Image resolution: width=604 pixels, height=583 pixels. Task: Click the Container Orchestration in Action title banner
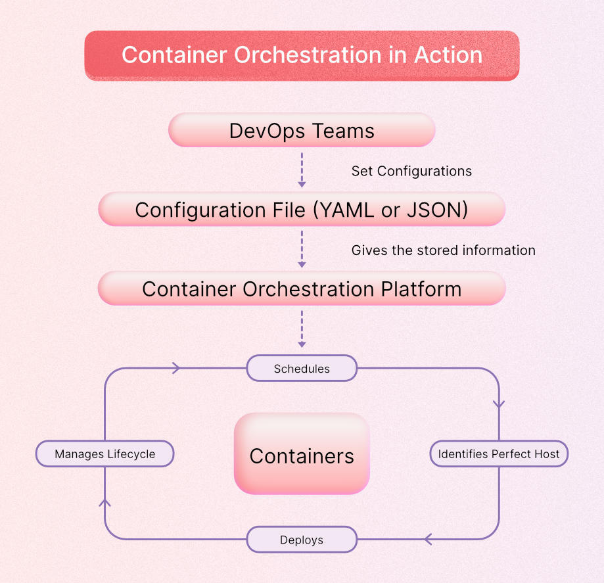(x=302, y=55)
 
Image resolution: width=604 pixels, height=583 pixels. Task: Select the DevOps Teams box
(x=302, y=130)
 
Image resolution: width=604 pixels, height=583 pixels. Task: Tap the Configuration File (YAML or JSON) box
(x=302, y=210)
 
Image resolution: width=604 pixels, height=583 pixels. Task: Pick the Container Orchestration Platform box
(x=302, y=289)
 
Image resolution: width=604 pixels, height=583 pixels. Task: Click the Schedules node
(x=302, y=369)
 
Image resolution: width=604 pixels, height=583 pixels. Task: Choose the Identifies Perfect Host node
(x=499, y=454)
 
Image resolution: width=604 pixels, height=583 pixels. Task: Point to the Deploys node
(x=302, y=540)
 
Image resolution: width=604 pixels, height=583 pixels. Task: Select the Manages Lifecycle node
(x=105, y=454)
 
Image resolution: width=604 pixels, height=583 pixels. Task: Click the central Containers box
(x=302, y=455)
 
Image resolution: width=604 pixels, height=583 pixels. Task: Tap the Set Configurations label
(x=411, y=171)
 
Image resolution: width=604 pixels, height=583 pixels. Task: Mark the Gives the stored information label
(x=443, y=250)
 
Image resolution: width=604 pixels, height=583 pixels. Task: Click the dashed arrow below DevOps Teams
(x=302, y=170)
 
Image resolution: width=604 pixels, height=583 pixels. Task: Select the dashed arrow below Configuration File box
(x=302, y=249)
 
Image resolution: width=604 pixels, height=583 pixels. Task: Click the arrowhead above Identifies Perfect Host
(x=499, y=402)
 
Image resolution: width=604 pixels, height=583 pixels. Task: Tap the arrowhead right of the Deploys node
(x=429, y=540)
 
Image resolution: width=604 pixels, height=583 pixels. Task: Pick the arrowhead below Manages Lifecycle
(x=105, y=503)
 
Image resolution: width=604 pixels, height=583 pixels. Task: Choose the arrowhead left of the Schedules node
(x=175, y=369)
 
